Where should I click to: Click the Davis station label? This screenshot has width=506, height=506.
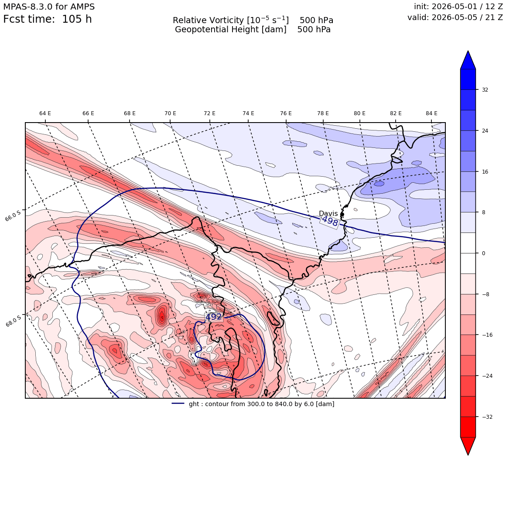(x=328, y=213)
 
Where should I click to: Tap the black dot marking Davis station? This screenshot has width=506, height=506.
(x=342, y=214)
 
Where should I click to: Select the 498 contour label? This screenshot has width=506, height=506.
(x=330, y=222)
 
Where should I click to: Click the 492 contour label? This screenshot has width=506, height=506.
(x=214, y=317)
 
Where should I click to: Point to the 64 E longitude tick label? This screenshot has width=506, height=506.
(x=45, y=113)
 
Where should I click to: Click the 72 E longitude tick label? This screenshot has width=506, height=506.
(x=210, y=113)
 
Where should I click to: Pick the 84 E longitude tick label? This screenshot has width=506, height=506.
(x=432, y=113)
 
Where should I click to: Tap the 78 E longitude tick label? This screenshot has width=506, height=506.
(x=323, y=113)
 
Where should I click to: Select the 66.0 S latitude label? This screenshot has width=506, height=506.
(x=13, y=215)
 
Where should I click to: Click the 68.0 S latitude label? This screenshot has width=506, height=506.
(x=13, y=321)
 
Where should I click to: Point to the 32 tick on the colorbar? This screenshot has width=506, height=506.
(x=485, y=90)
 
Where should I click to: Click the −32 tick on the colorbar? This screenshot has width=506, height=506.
(x=487, y=417)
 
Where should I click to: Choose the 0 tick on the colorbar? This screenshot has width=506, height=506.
(x=484, y=253)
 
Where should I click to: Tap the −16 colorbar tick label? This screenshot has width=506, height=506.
(x=487, y=335)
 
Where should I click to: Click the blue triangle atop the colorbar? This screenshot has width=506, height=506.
(x=468, y=60)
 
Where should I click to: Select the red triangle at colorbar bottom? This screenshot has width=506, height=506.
(x=468, y=446)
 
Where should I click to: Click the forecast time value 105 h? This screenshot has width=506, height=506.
(x=77, y=19)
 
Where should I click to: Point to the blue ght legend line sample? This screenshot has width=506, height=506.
(x=178, y=403)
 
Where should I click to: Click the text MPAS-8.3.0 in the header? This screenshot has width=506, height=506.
(x=28, y=7)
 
